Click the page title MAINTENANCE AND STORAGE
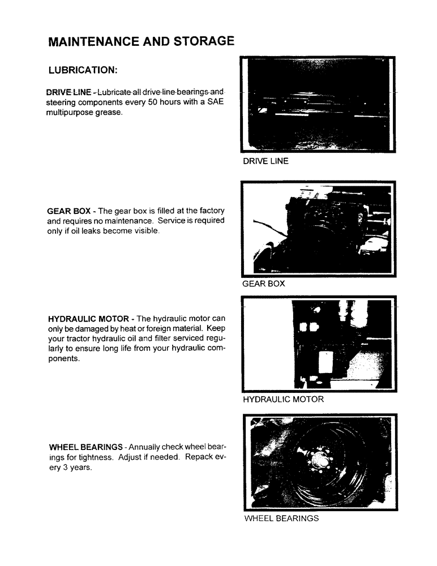click(x=141, y=41)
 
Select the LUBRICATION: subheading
click(x=83, y=71)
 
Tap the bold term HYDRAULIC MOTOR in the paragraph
click(x=88, y=319)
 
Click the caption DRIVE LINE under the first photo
click(x=265, y=161)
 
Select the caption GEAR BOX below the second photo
click(x=263, y=284)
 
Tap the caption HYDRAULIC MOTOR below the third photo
click(x=283, y=400)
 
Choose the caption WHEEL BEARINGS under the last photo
click(x=281, y=518)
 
